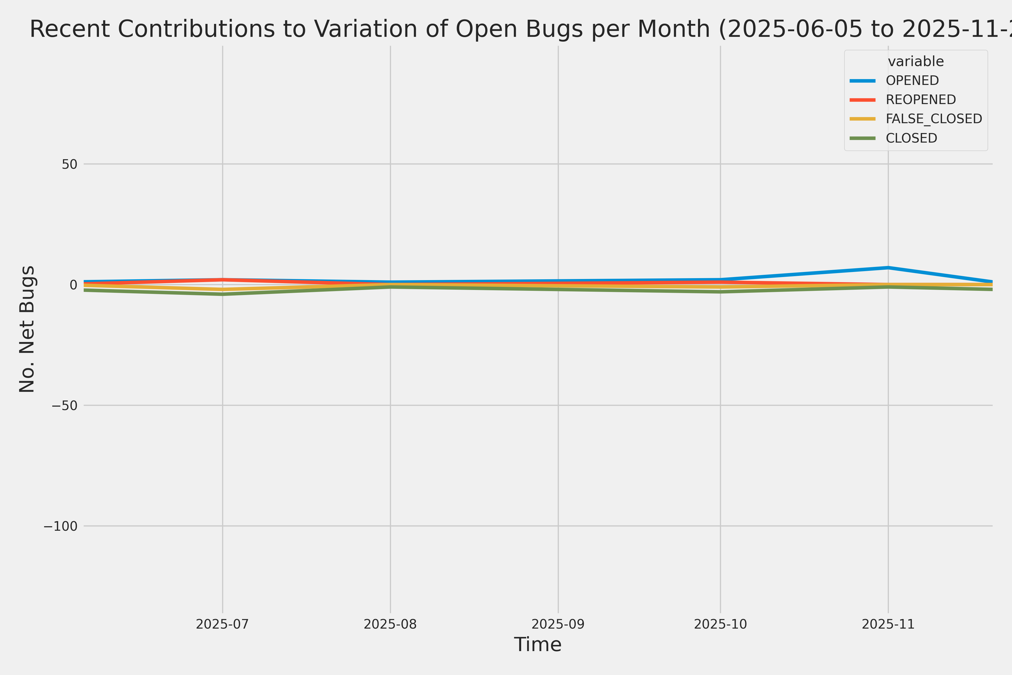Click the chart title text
point(516,29)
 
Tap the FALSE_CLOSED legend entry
point(933,119)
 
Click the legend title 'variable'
point(916,62)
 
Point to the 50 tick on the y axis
point(69,164)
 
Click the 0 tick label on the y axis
point(73,285)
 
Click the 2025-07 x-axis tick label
point(222,624)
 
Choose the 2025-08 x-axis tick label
point(390,624)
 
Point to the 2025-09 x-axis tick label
point(558,624)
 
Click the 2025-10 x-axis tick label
point(720,624)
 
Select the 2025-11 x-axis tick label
point(888,624)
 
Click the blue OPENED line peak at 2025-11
point(888,268)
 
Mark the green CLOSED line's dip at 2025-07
point(222,294)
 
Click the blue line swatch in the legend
point(862,80)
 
